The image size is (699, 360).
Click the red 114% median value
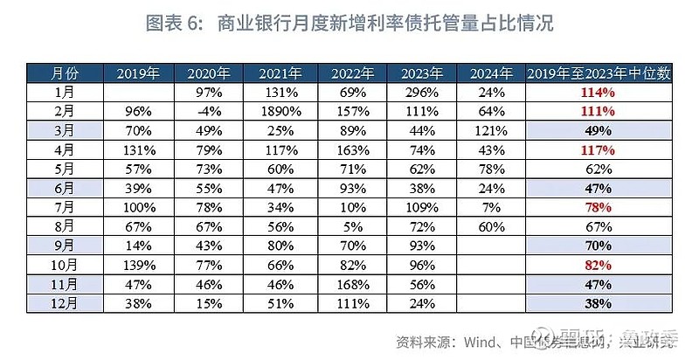pos(599,92)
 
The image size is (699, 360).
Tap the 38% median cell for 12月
pos(599,304)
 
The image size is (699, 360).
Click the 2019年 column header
pos(138,73)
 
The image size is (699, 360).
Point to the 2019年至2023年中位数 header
pos(599,73)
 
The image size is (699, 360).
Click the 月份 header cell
pos(64,73)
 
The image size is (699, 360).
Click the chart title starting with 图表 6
pos(349,23)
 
